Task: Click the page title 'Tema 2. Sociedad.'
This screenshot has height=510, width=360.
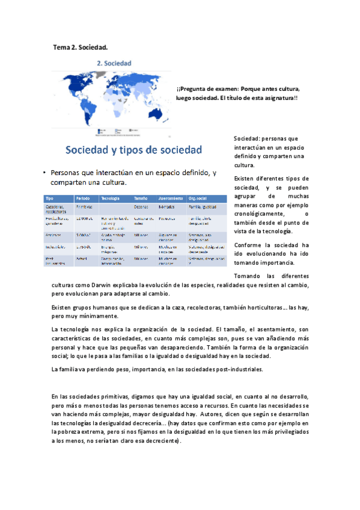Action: (80, 46)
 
